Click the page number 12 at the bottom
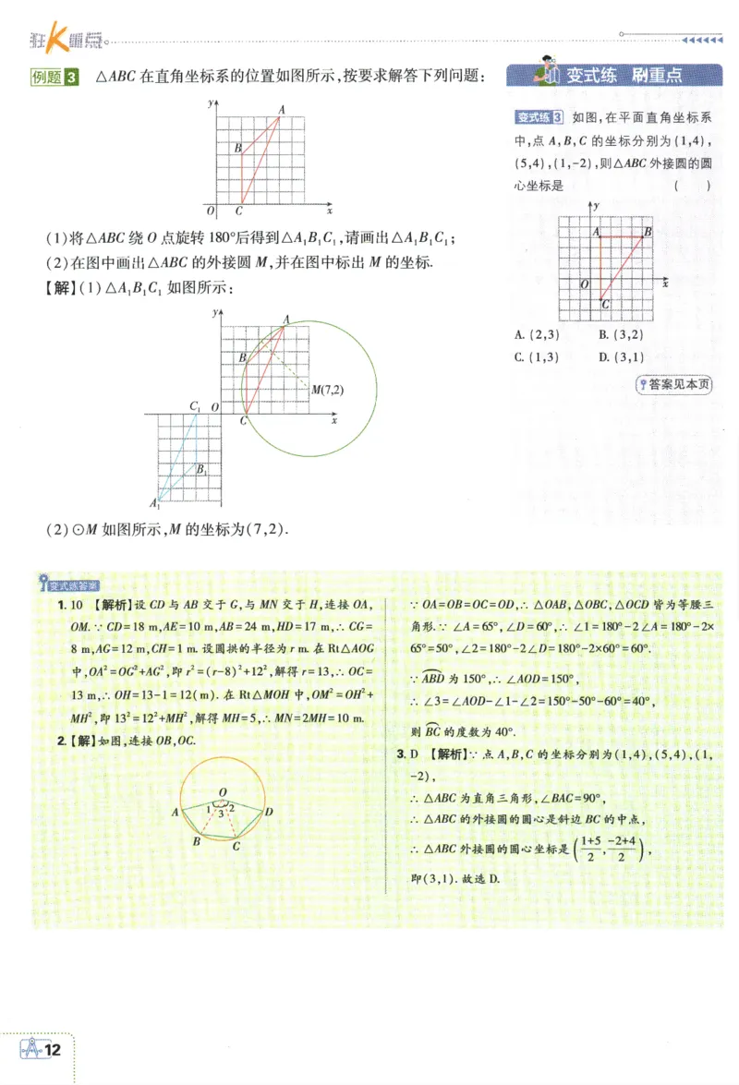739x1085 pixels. click(53, 1050)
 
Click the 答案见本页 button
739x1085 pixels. click(675, 385)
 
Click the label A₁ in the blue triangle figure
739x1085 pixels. click(155, 503)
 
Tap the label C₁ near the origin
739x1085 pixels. click(195, 406)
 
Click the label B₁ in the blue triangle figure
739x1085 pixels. click(200, 469)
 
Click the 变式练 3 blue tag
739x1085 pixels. click(539, 117)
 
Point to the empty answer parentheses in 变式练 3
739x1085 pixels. click(692, 185)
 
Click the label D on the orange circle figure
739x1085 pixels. click(268, 812)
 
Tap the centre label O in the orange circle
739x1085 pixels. click(223, 792)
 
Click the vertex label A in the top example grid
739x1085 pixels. click(281, 110)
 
